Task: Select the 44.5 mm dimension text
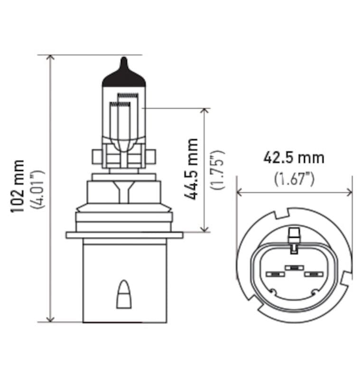click(x=192, y=169)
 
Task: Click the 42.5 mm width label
click(x=294, y=158)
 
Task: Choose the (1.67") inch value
click(x=295, y=179)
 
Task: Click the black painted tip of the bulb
click(x=124, y=76)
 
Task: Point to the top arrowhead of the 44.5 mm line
click(x=205, y=111)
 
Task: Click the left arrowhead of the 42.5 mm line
click(x=240, y=192)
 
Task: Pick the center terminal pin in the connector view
click(x=294, y=268)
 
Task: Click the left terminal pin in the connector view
click(x=274, y=274)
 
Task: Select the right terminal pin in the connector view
click(x=314, y=274)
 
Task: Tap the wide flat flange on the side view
click(x=124, y=235)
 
